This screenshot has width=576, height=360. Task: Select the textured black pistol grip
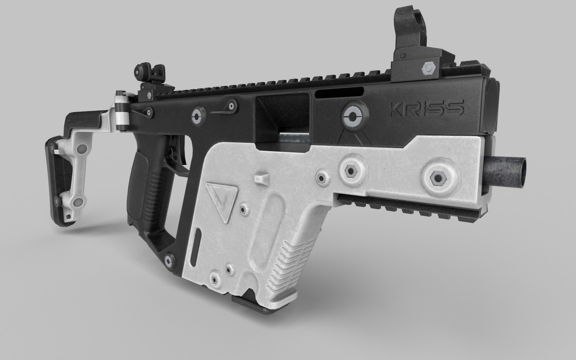[147, 187]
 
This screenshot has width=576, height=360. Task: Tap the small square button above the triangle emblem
[262, 178]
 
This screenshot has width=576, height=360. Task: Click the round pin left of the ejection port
[197, 116]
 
